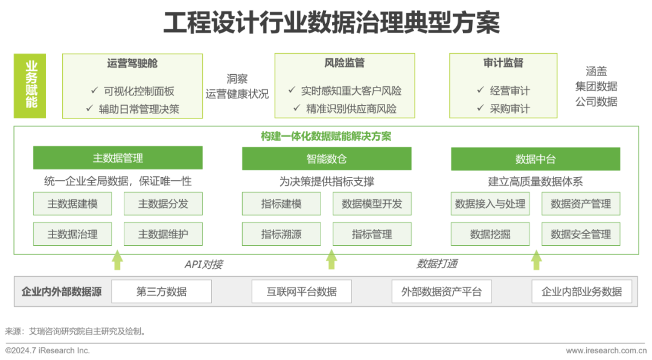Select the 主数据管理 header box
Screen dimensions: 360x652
(x=118, y=158)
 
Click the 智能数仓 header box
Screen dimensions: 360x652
(x=327, y=158)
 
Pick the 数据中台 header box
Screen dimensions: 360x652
(x=535, y=158)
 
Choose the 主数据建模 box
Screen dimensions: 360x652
(x=72, y=204)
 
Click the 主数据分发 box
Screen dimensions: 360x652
(x=163, y=204)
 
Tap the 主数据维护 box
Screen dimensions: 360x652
(x=163, y=234)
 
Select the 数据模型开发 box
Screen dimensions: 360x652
(x=372, y=204)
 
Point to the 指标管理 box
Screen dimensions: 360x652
(x=372, y=234)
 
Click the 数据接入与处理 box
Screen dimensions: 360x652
(x=490, y=204)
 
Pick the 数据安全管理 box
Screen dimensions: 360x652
(x=581, y=234)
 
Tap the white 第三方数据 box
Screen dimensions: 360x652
(x=161, y=292)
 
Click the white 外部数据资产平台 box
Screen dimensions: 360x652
(x=441, y=292)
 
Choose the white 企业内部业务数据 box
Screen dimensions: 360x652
(x=582, y=292)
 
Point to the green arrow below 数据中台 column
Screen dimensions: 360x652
(x=536, y=260)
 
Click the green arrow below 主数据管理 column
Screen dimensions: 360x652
(x=118, y=260)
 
